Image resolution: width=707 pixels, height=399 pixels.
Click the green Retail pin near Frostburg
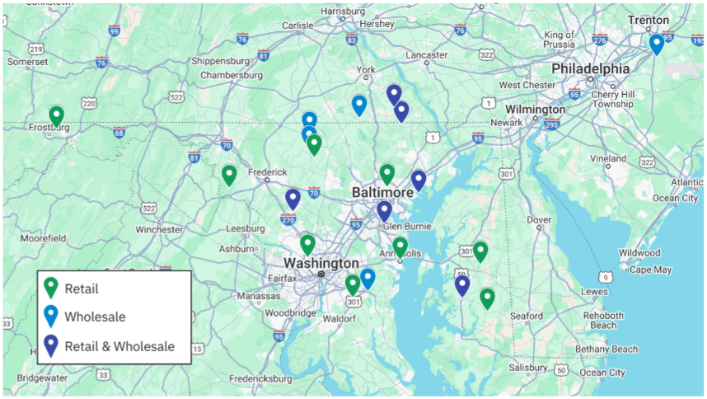point(56,116)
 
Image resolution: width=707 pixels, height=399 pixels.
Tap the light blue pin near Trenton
point(656,44)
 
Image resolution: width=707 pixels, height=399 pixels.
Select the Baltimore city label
point(382,192)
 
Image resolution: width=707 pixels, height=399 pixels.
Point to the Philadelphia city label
point(590,68)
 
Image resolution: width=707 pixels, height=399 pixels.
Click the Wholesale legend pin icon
point(51,316)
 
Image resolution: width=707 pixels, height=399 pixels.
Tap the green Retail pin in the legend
point(51,287)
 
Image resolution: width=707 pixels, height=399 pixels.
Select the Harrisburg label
point(342,11)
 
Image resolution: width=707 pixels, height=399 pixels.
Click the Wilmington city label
point(535,109)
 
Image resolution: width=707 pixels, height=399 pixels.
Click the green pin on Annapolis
point(400,246)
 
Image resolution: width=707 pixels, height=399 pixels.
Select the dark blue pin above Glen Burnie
point(384,210)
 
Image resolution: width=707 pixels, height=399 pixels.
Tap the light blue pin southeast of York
point(359,105)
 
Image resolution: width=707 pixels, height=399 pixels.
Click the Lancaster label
point(426,55)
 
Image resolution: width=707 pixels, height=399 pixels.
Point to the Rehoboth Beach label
point(603,320)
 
